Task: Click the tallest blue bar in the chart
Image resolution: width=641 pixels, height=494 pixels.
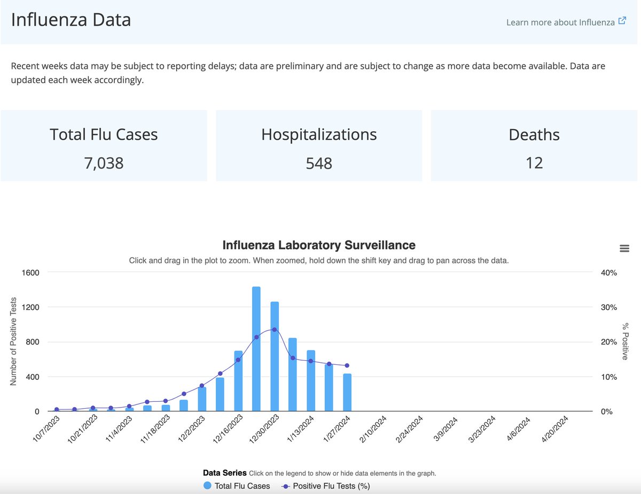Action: click(x=256, y=349)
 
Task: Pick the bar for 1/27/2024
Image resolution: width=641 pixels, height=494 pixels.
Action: click(x=347, y=393)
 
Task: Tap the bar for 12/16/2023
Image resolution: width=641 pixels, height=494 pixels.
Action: click(x=238, y=381)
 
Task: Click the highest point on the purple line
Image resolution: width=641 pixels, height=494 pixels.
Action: click(x=275, y=330)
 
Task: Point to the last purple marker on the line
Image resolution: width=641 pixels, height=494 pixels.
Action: click(x=347, y=365)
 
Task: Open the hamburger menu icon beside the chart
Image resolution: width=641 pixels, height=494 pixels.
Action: click(x=624, y=248)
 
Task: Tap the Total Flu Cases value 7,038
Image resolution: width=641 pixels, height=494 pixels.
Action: click(x=104, y=163)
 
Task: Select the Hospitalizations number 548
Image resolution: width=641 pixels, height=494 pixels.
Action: click(x=319, y=163)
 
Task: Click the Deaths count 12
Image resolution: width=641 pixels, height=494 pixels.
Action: click(x=534, y=163)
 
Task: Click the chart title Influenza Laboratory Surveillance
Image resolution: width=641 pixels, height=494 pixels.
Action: click(x=318, y=245)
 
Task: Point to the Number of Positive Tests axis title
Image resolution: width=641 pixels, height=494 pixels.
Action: click(x=13, y=342)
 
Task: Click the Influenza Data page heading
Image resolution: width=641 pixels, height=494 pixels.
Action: click(x=71, y=20)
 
